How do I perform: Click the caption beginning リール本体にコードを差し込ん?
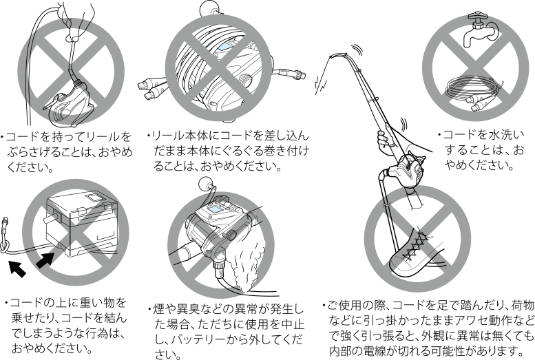click(x=228, y=151)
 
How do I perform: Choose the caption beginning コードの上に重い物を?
click(x=68, y=325)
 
